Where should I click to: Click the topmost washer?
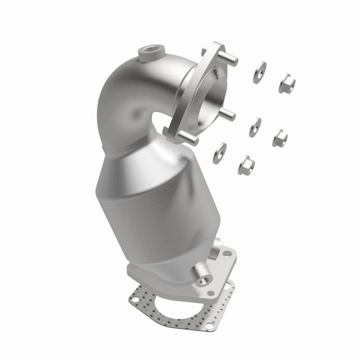click(259, 73)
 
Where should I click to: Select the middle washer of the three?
click(255, 127)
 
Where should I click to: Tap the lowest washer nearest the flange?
click(219, 152)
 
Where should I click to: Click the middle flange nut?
click(279, 137)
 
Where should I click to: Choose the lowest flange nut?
click(246, 163)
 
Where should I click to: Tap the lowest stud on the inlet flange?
click(190, 138)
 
